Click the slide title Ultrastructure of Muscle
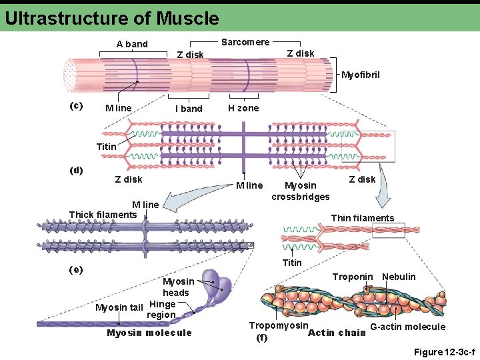click(x=111, y=18)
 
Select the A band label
click(x=132, y=44)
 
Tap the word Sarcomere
click(x=245, y=42)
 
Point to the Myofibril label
click(x=360, y=75)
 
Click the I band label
click(x=189, y=109)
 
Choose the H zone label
click(x=243, y=108)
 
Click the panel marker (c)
click(x=77, y=105)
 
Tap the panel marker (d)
click(x=77, y=169)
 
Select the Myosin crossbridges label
click(x=300, y=191)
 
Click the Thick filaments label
click(x=103, y=214)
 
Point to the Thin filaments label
click(x=363, y=218)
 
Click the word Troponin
click(x=353, y=277)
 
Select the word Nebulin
click(x=399, y=277)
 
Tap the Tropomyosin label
click(x=279, y=325)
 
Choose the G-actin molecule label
click(x=407, y=327)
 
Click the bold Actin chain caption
click(x=337, y=333)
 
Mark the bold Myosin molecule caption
click(x=149, y=333)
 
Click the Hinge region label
click(x=161, y=310)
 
